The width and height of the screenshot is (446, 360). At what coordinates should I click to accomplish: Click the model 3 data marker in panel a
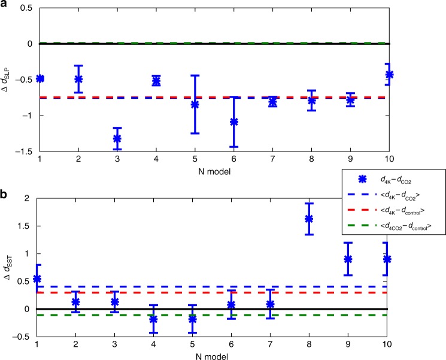(x=117, y=138)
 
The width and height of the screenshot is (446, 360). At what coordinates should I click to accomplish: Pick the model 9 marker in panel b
(x=347, y=259)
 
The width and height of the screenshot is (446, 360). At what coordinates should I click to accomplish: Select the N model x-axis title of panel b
(x=213, y=353)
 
